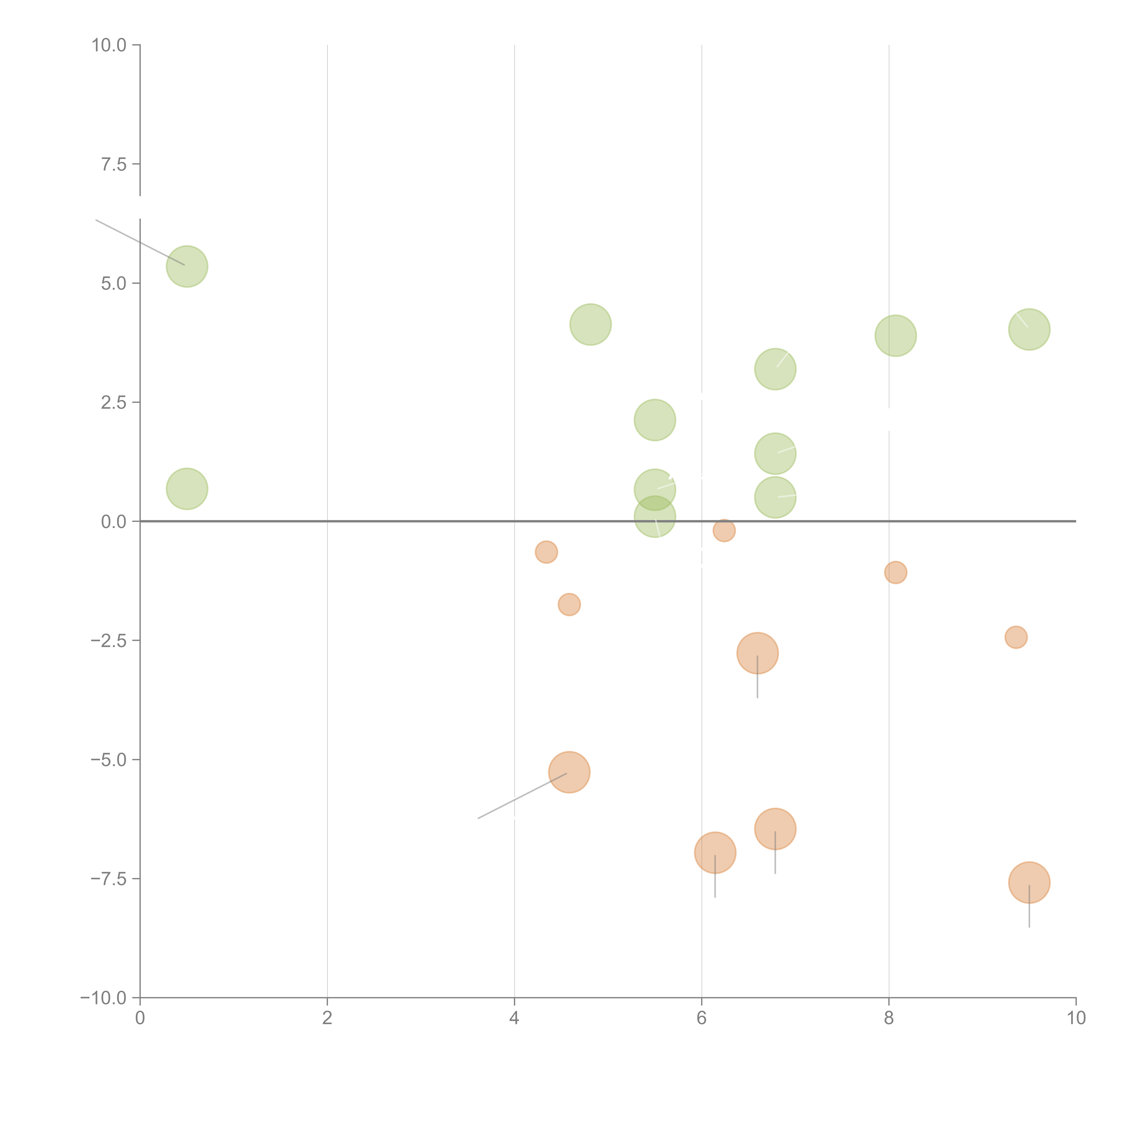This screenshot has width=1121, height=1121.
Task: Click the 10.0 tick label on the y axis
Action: coord(109,45)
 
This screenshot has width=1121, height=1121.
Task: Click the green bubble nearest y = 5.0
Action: coord(187,266)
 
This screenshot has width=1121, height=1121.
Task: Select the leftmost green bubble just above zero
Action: coord(187,489)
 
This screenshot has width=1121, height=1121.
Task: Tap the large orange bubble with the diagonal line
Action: coord(569,772)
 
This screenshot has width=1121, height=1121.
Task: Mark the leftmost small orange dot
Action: coord(546,552)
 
